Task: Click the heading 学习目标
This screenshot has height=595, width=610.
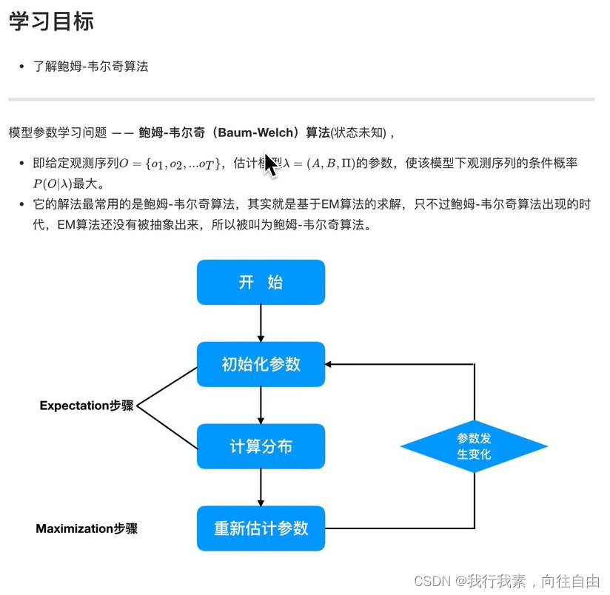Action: (51, 21)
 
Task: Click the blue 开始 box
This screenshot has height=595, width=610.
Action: (261, 282)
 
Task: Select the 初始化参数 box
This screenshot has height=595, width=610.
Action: (261, 364)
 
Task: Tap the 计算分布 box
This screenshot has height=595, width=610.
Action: (261, 446)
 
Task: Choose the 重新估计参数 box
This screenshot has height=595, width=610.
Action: (261, 528)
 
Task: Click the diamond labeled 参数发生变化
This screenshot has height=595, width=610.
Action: (474, 446)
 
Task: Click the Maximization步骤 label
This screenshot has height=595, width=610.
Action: (87, 528)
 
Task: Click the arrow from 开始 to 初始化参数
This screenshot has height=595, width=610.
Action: (261, 323)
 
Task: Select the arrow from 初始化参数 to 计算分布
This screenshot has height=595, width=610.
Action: (261, 405)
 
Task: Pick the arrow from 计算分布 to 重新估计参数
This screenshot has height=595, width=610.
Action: (261, 487)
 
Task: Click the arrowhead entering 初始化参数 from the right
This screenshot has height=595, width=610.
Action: (330, 364)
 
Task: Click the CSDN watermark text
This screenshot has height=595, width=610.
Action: (506, 581)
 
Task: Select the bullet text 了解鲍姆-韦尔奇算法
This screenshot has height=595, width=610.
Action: (91, 67)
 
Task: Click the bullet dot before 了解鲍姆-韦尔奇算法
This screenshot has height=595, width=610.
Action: (22, 67)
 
